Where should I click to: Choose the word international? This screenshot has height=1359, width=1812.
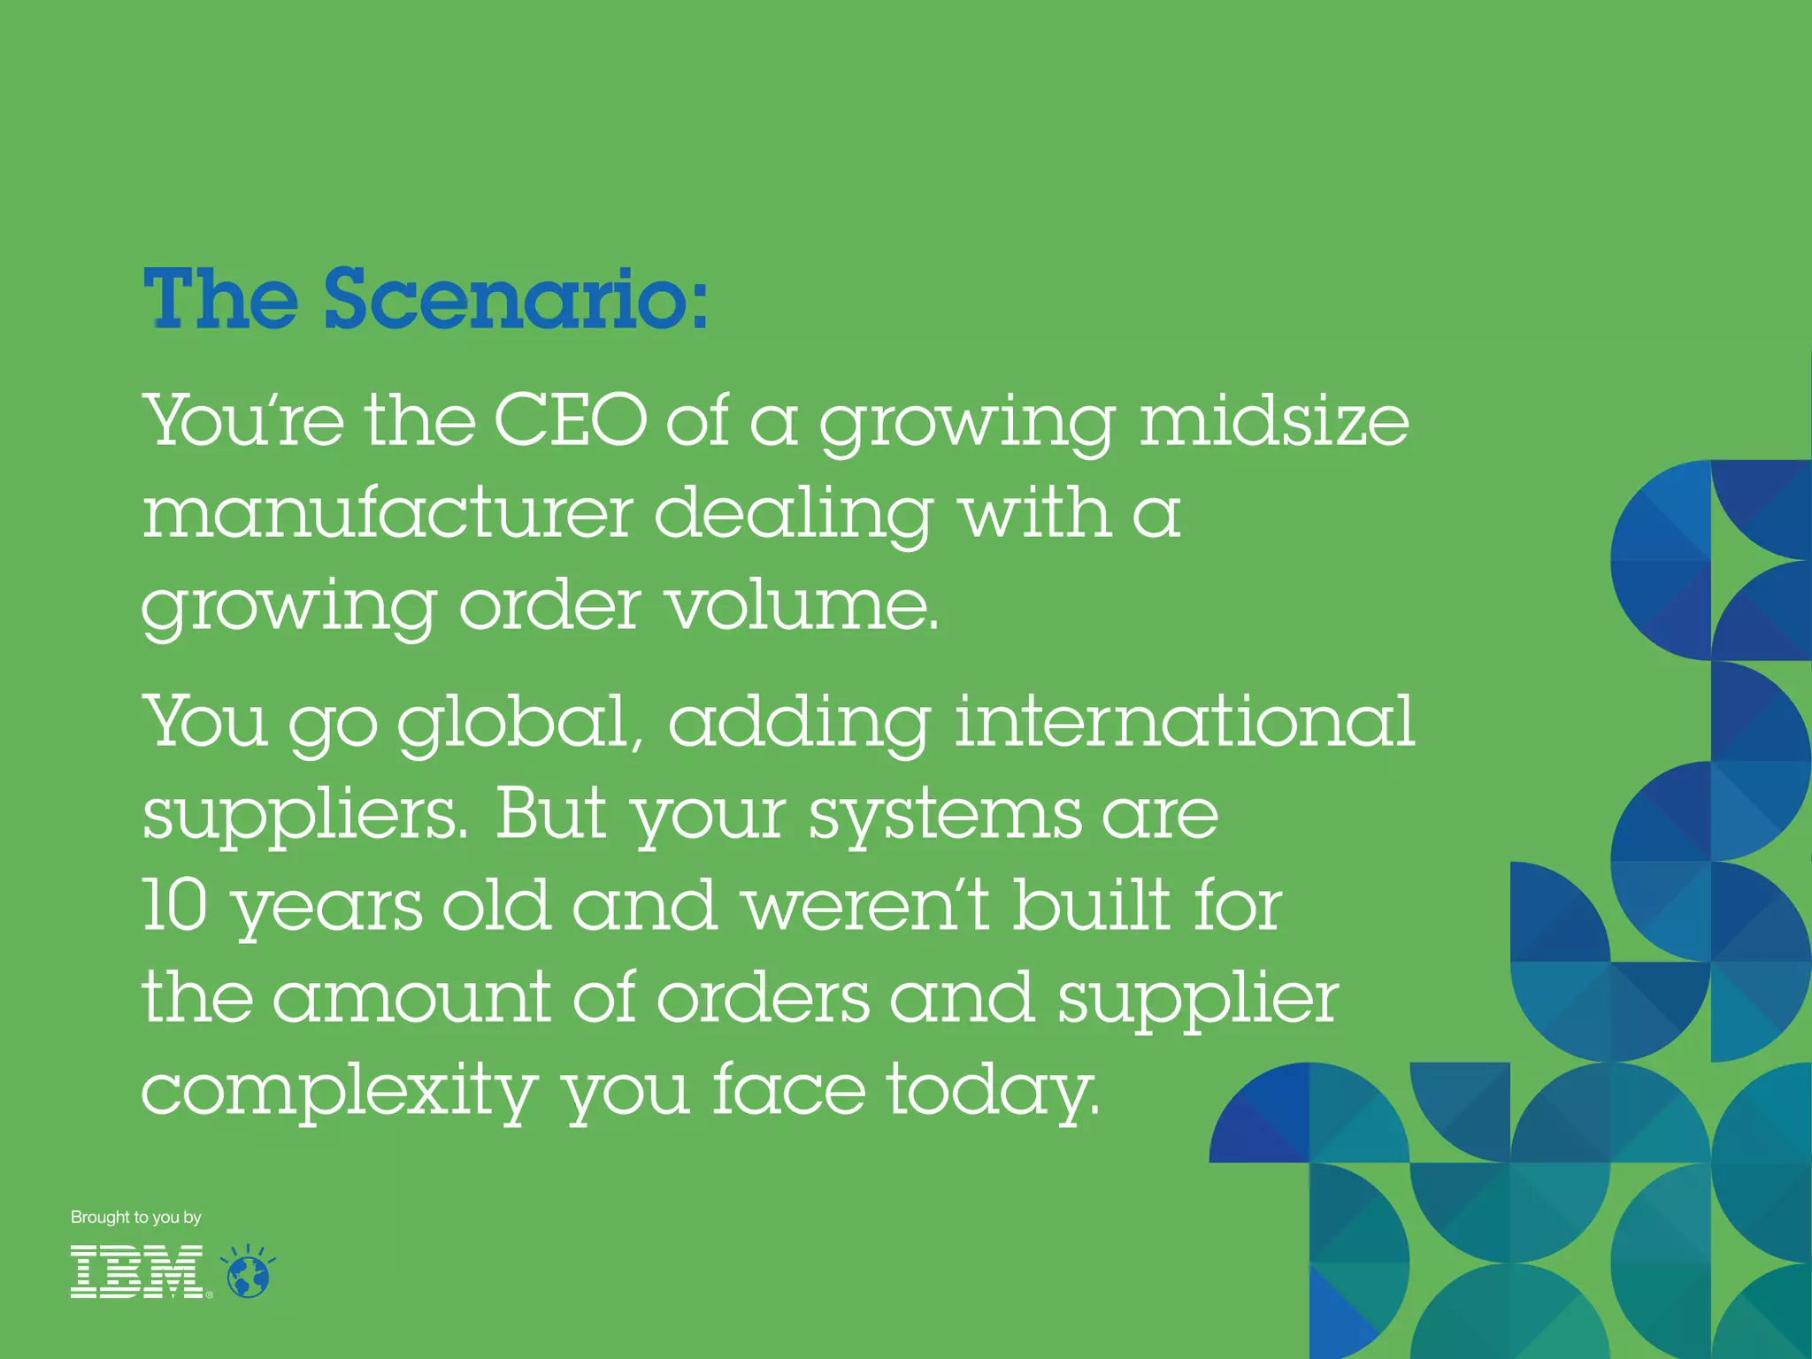click(x=1185, y=721)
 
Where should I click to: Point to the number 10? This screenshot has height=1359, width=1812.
click(x=175, y=905)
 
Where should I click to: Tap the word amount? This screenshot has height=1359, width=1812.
click(x=411, y=997)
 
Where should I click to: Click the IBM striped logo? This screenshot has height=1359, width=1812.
click(x=137, y=1271)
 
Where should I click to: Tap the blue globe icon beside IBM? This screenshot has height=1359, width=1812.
click(x=249, y=1274)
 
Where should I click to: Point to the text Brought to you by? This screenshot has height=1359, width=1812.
click(x=136, y=1217)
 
